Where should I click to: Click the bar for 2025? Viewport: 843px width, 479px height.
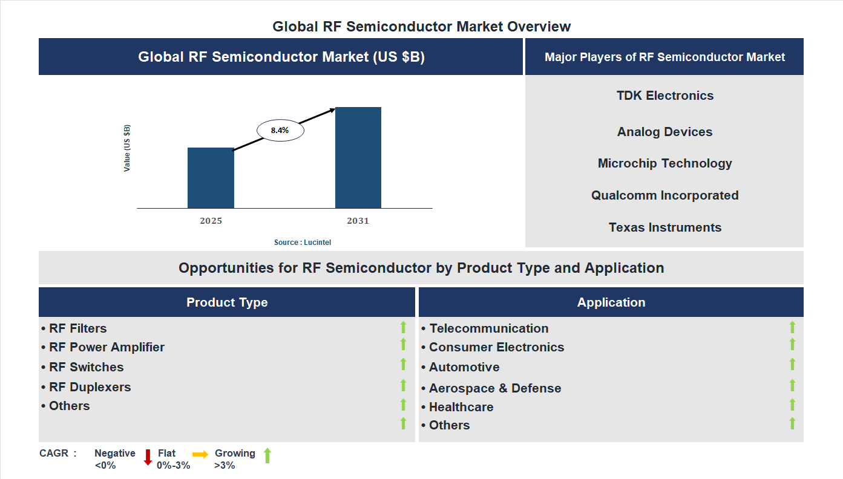pyautogui.click(x=211, y=178)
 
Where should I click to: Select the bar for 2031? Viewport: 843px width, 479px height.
pyautogui.click(x=358, y=158)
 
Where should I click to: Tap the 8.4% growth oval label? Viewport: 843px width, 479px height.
pyautogui.click(x=280, y=130)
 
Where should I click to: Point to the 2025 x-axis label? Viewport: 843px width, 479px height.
pyautogui.click(x=211, y=221)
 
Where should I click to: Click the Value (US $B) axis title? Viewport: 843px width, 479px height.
pyautogui.click(x=127, y=148)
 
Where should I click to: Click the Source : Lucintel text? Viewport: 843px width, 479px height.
pyautogui.click(x=303, y=243)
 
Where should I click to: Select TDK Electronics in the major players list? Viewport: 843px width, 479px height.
pyautogui.click(x=664, y=96)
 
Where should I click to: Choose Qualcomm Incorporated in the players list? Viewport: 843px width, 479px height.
pyautogui.click(x=664, y=195)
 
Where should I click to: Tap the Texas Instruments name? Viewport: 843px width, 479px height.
pyautogui.click(x=664, y=227)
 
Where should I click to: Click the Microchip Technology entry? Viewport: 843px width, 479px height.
pyautogui.click(x=664, y=163)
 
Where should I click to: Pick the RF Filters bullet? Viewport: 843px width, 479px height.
pyautogui.click(x=74, y=328)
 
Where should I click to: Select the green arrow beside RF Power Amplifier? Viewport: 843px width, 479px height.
pyautogui.click(x=403, y=344)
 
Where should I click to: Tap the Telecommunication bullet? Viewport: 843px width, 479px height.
pyautogui.click(x=485, y=328)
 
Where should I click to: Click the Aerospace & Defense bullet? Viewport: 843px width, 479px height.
pyautogui.click(x=491, y=388)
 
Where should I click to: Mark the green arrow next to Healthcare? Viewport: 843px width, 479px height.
pyautogui.click(x=792, y=405)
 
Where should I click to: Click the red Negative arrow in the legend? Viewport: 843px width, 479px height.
pyautogui.click(x=148, y=457)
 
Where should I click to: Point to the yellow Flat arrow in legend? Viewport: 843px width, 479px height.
pyautogui.click(x=200, y=454)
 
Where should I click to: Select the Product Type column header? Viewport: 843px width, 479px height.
pyautogui.click(x=227, y=302)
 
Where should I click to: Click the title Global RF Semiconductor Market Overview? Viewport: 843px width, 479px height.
pyautogui.click(x=421, y=27)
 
